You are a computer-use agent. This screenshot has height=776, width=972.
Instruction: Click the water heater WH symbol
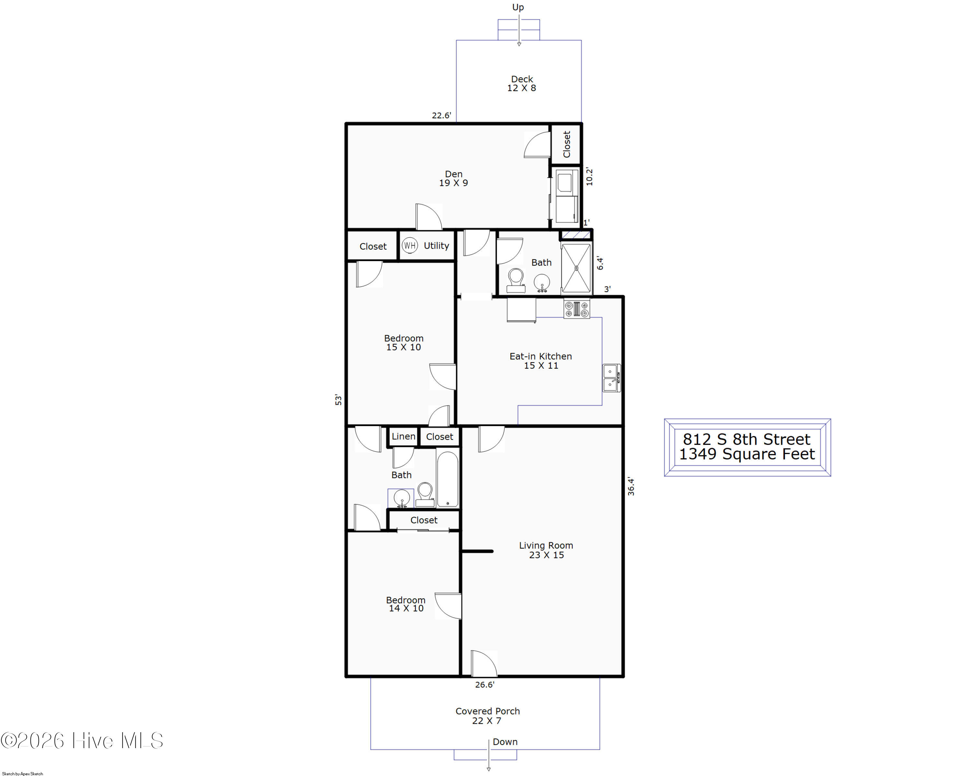click(409, 246)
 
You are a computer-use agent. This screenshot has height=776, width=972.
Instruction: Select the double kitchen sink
click(611, 378)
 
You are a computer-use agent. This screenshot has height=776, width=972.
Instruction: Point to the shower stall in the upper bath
click(576, 268)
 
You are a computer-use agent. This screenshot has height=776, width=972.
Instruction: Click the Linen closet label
click(403, 436)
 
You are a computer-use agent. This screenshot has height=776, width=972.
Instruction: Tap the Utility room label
click(436, 246)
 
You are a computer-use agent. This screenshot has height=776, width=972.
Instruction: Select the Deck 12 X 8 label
click(522, 83)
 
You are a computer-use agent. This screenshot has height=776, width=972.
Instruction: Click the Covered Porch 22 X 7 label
click(487, 716)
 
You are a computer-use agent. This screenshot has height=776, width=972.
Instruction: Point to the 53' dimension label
click(338, 400)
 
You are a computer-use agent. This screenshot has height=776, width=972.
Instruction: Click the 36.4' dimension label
click(631, 486)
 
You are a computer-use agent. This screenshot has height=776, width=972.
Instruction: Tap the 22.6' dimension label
click(441, 115)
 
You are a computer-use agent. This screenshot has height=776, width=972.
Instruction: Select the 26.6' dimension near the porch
click(485, 685)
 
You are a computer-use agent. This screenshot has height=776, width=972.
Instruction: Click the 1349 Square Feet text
click(747, 454)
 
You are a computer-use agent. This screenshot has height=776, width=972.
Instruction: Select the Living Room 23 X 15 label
click(546, 550)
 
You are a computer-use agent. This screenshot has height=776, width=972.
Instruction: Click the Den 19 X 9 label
click(454, 178)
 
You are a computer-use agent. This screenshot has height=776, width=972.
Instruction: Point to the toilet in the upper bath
click(516, 281)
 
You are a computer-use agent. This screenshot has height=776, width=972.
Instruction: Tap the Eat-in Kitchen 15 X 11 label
click(540, 361)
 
